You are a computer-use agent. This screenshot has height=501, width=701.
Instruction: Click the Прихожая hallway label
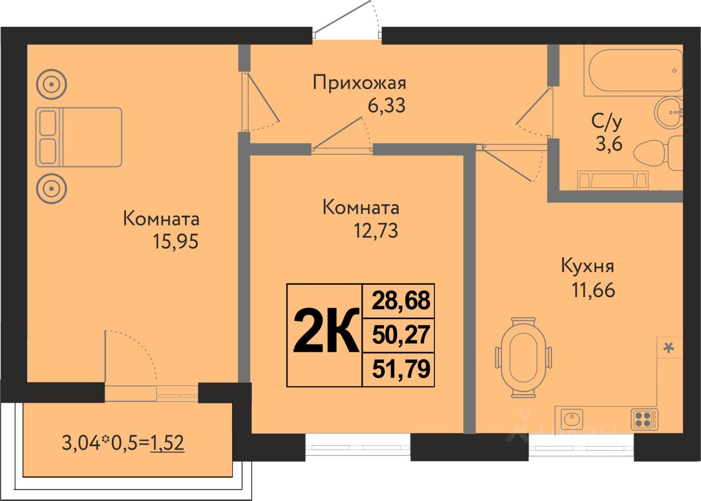coord(359,84)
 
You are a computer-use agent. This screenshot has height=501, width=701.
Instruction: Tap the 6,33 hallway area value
coord(387,106)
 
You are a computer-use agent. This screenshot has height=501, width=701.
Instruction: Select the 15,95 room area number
coord(176,241)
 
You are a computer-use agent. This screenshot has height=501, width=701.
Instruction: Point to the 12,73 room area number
coord(376,231)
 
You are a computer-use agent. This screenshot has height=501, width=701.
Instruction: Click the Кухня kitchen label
coord(588,267)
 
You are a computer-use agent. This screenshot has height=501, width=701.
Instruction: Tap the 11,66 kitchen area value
coord(593,290)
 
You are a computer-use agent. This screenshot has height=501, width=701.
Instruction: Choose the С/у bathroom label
coord(607,122)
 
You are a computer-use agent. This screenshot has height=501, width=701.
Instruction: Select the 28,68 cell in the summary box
coord(401,301)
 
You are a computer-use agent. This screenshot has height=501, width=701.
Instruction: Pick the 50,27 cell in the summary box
coord(401,335)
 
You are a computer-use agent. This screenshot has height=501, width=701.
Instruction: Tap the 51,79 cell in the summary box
coord(401,368)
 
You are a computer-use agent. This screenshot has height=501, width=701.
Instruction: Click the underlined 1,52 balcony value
coord(167,443)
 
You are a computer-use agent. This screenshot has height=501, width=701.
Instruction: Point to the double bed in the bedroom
coord(78,137)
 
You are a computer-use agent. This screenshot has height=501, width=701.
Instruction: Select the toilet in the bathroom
coord(658,154)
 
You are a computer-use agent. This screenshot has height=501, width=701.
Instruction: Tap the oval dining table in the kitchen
coord(523,358)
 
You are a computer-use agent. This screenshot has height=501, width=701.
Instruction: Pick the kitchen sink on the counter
coord(572,419)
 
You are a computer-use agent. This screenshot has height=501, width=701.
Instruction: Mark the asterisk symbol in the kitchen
coord(669,348)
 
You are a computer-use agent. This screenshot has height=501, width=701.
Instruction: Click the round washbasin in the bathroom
coord(669,112)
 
